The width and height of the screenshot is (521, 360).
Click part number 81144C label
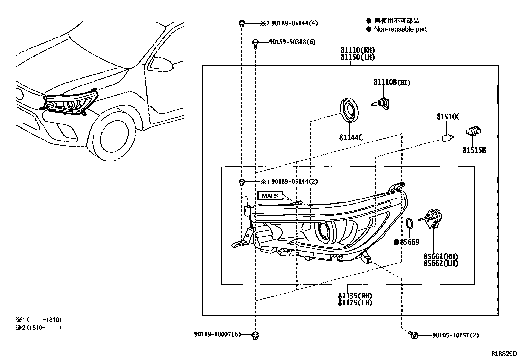coord(351,138)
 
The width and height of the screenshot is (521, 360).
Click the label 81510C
coord(448,117)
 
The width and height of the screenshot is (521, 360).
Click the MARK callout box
coord(270,196)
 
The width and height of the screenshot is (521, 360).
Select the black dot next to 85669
coord(396,242)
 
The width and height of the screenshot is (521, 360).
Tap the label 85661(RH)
coord(440,256)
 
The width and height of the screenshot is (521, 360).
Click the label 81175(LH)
coord(355,303)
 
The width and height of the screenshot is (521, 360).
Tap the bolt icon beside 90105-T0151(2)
coord(413,335)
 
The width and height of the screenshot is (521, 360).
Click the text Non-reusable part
coord(401,29)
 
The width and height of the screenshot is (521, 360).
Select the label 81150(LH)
coord(357,57)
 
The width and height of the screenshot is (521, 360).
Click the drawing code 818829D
coord(504,354)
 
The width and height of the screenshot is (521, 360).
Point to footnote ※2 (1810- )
coord(39,327)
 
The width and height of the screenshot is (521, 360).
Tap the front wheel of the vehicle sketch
coord(115,136)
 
